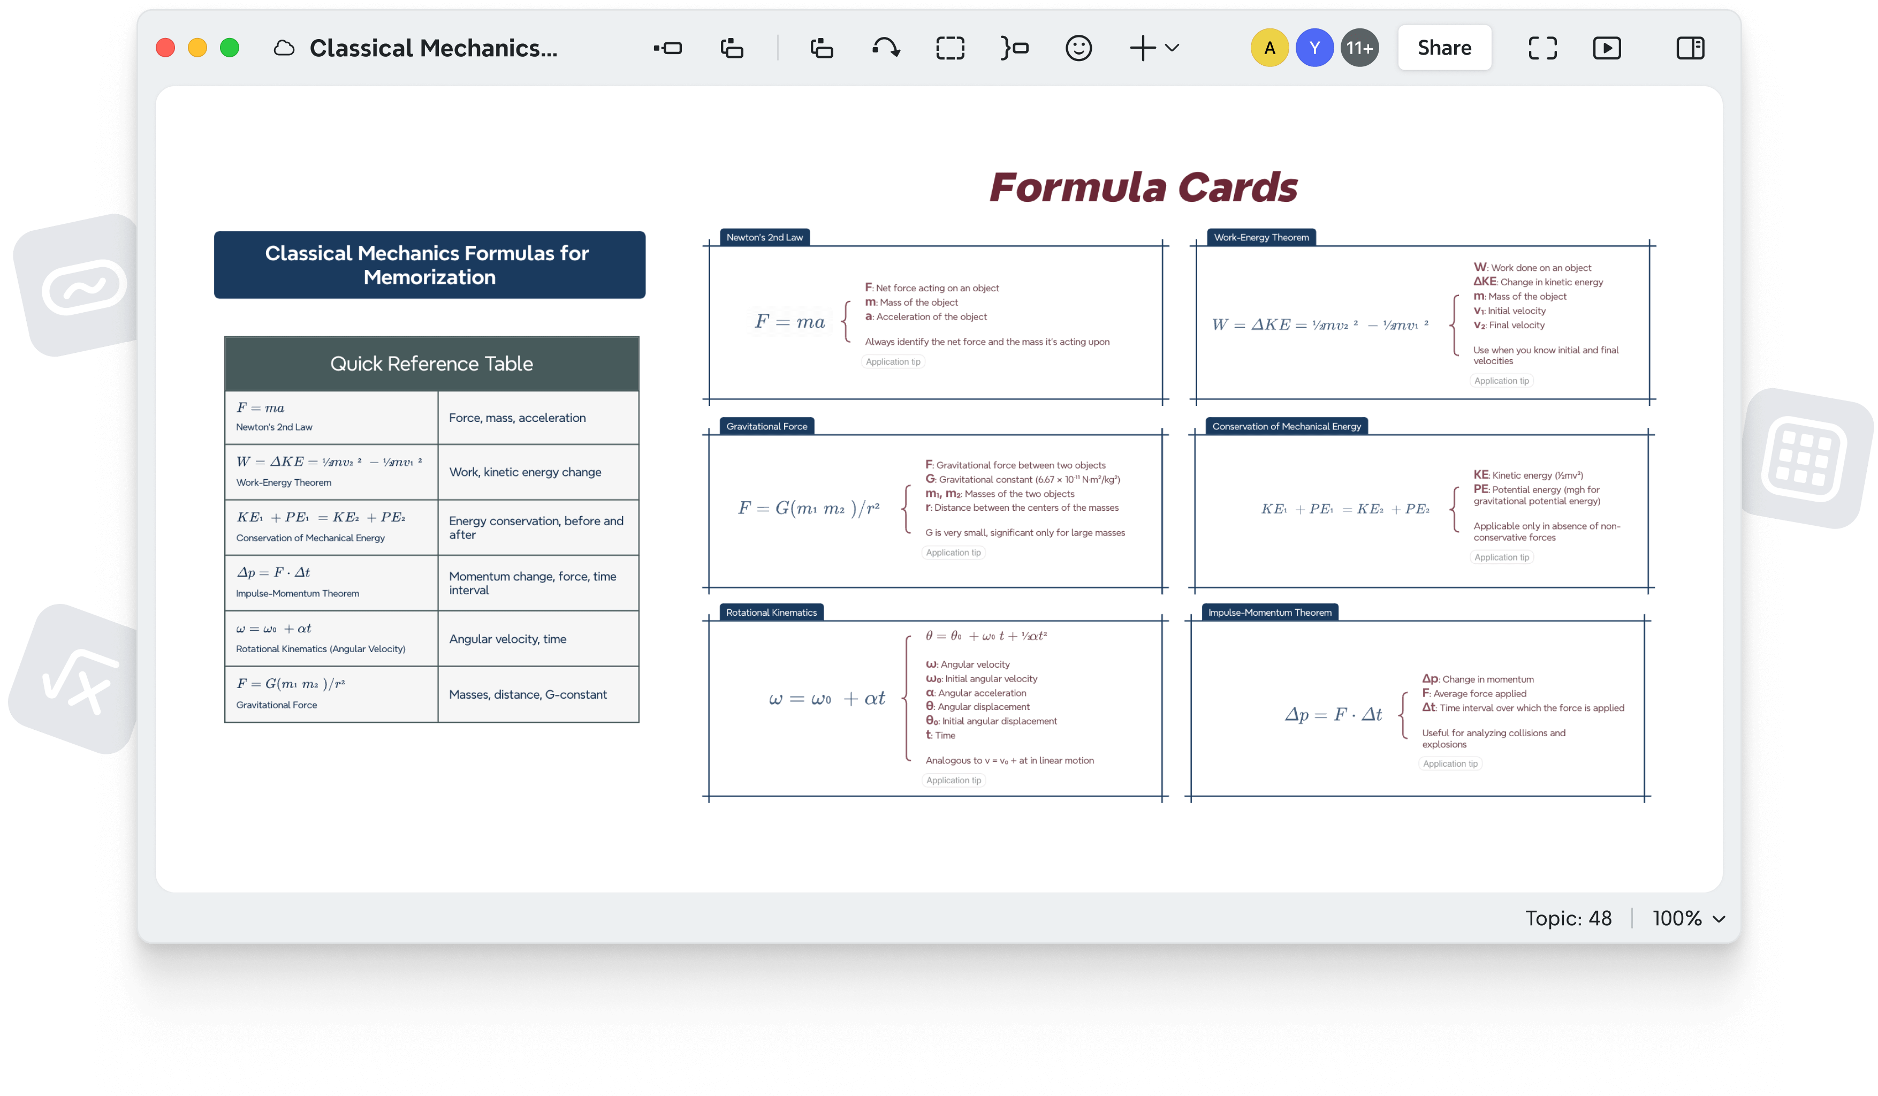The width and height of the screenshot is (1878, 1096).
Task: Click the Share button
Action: (1443, 48)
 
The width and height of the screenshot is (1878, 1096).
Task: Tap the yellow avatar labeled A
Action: (1269, 48)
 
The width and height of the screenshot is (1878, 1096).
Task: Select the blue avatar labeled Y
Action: (1314, 48)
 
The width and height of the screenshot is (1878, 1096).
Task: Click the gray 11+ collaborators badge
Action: (1359, 48)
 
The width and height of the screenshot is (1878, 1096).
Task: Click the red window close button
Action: (165, 48)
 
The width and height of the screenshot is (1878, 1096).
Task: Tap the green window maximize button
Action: (230, 48)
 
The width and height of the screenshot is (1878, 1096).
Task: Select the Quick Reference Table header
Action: (431, 364)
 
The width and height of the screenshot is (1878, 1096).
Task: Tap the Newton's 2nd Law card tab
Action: (765, 237)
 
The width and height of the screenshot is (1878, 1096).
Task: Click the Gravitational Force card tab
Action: (767, 426)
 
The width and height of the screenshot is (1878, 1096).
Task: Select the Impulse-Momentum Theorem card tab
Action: (1270, 612)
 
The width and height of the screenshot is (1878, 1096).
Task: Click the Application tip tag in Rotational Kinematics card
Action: (953, 780)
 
